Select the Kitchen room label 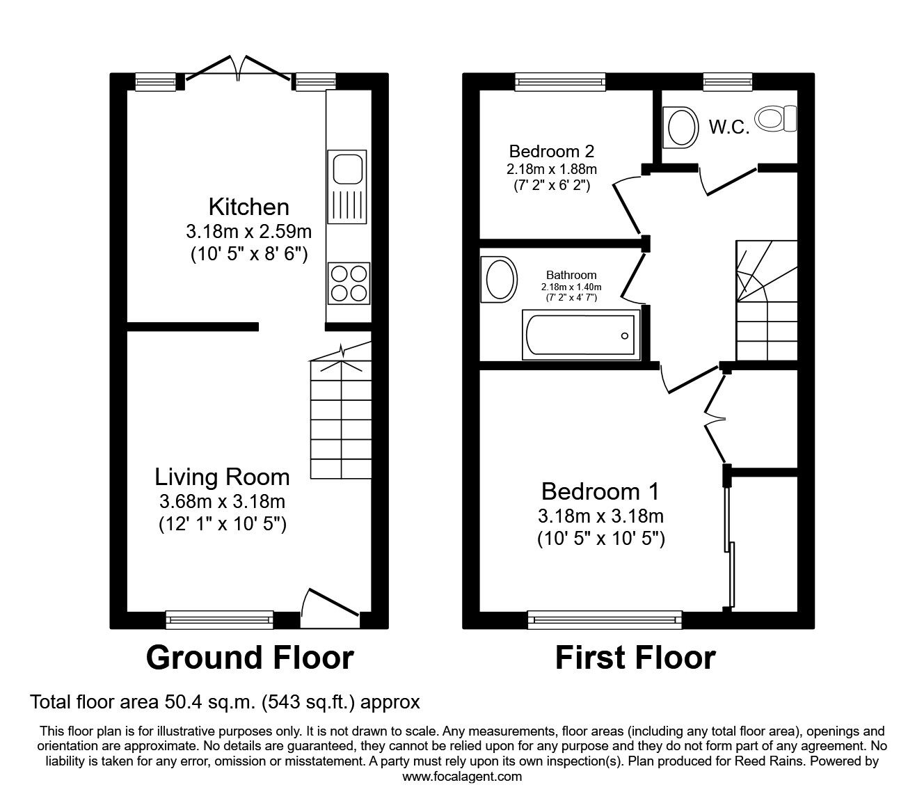click(248, 207)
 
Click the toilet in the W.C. click(777, 118)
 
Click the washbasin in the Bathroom click(500, 280)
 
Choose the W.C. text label click(728, 127)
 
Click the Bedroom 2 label click(551, 151)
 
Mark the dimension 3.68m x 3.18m click(222, 501)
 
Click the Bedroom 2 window click(560, 82)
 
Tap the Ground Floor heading click(250, 658)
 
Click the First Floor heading click(635, 658)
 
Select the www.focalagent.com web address click(462, 777)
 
